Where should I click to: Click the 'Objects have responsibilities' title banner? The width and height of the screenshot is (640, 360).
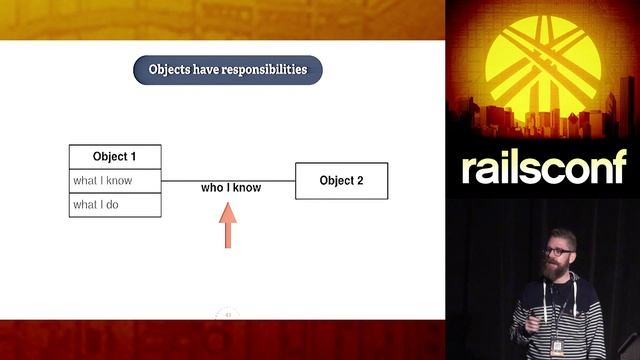(228, 70)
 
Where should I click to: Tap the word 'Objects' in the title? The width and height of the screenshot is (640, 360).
(171, 70)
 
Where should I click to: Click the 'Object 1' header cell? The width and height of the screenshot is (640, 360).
(114, 157)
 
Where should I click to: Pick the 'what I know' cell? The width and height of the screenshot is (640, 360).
(114, 181)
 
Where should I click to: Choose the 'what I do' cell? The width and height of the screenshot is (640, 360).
(114, 205)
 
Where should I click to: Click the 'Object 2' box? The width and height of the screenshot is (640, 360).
(341, 181)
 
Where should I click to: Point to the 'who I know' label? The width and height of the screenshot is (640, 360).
(231, 188)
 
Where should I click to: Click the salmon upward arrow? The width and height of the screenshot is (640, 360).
(228, 225)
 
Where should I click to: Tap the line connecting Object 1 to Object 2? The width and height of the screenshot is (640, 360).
(270, 181)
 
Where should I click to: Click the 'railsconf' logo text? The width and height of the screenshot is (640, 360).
(543, 168)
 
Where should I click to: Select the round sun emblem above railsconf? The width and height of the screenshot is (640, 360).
(543, 62)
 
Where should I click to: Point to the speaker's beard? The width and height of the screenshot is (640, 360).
(554, 269)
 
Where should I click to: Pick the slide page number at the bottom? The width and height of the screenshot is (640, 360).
(228, 315)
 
